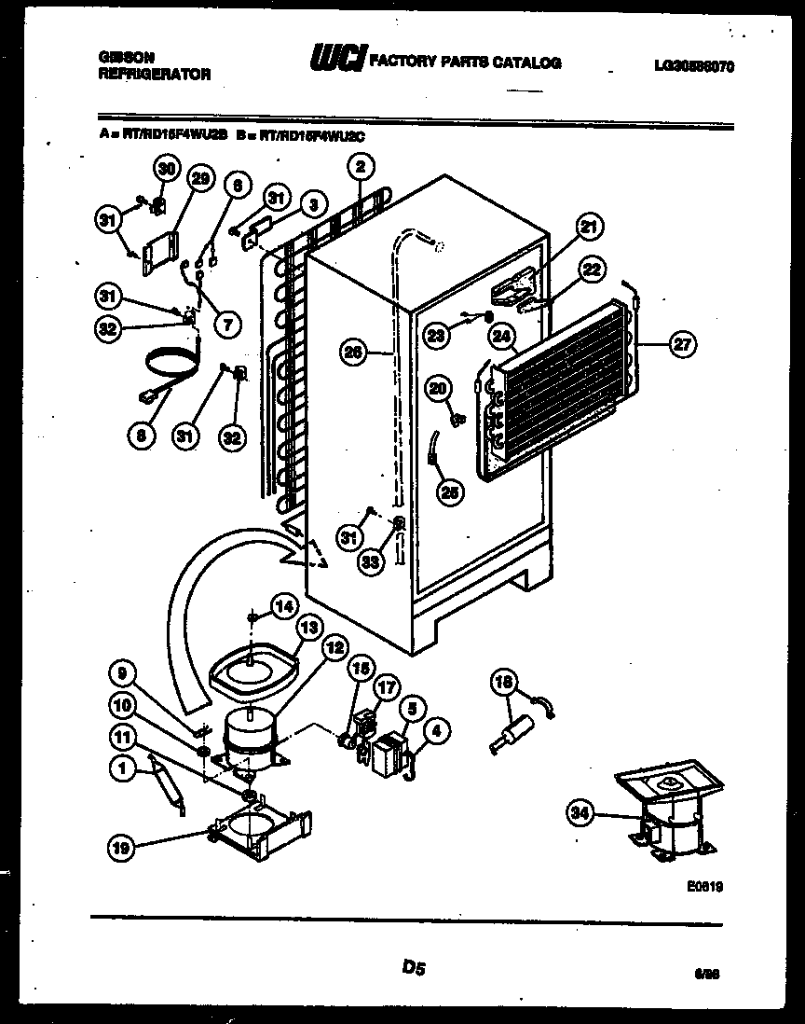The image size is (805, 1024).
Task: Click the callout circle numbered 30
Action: click(x=166, y=170)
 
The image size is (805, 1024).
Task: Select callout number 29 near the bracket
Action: click(x=199, y=178)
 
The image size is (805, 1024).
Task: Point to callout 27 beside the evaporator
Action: click(x=682, y=343)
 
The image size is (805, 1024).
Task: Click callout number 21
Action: click(x=589, y=226)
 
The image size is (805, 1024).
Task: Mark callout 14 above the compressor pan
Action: click(x=283, y=606)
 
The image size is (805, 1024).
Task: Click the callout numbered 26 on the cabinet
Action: click(x=353, y=353)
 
